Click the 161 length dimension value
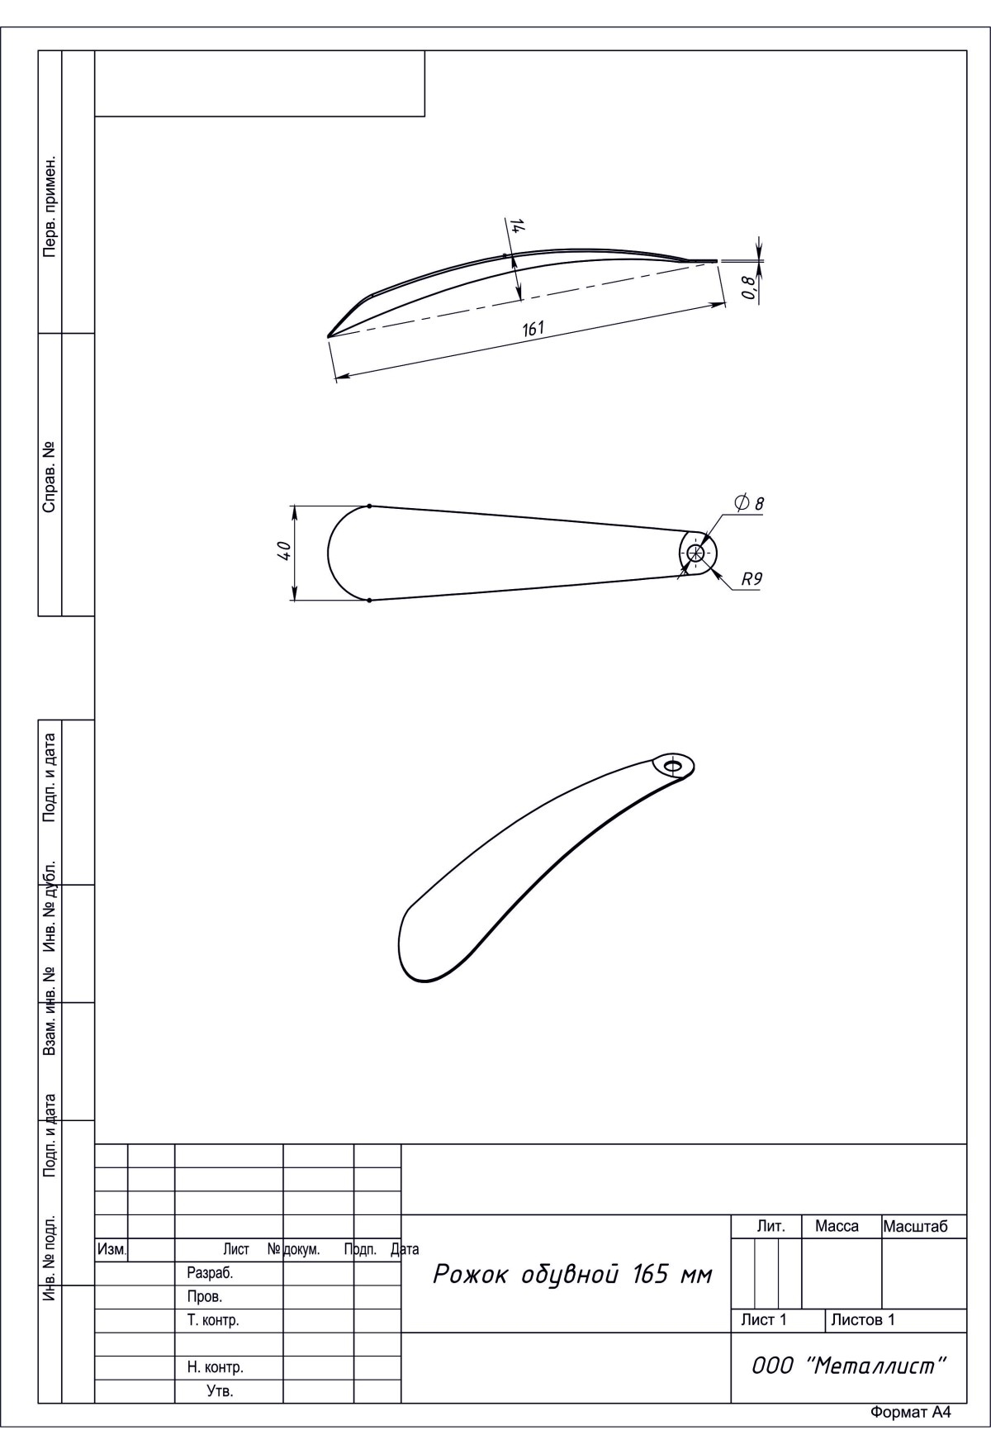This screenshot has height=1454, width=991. pyautogui.click(x=533, y=328)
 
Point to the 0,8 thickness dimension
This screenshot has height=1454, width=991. pyautogui.click(x=748, y=287)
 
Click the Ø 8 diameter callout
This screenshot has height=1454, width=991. pyautogui.click(x=749, y=502)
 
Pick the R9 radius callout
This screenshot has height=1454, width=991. pyautogui.click(x=751, y=579)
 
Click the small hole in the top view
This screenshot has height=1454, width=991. pyautogui.click(x=695, y=554)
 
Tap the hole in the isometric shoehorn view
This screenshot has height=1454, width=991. pyautogui.click(x=673, y=766)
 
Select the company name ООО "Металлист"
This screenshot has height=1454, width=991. pyautogui.click(x=848, y=1366)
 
